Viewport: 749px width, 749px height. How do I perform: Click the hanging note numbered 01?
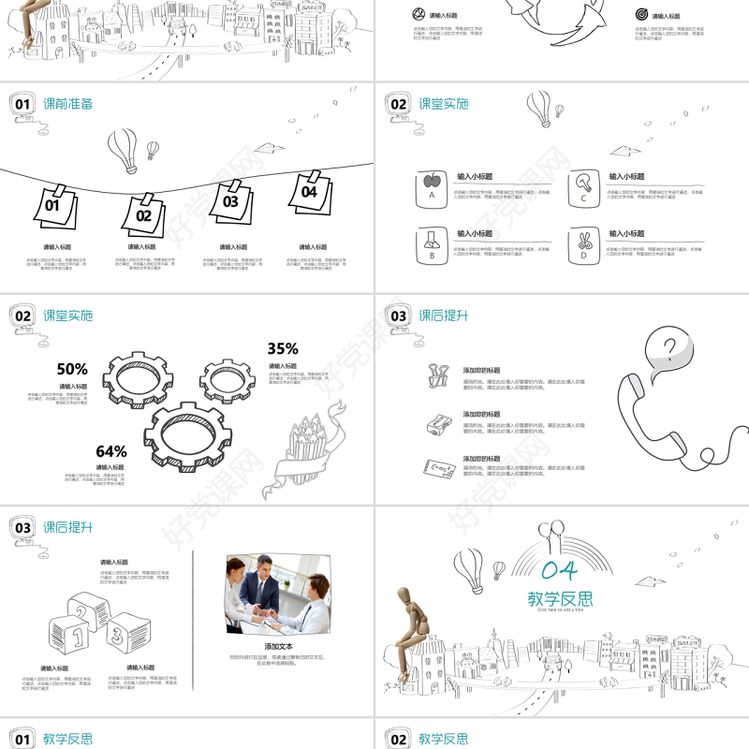(x=55, y=204)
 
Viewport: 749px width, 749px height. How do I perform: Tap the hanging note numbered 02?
(x=143, y=213)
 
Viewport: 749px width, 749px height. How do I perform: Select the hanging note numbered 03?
(x=229, y=199)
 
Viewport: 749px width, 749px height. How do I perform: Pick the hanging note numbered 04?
(x=310, y=191)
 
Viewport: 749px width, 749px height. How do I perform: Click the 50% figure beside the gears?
(x=72, y=369)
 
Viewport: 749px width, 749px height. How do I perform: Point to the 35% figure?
(x=283, y=349)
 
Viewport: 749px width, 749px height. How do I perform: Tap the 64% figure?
(x=110, y=451)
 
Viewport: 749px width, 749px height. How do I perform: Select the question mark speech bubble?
(x=668, y=348)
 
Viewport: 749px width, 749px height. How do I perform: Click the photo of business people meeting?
(x=278, y=593)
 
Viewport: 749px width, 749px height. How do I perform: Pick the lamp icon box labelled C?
(x=583, y=186)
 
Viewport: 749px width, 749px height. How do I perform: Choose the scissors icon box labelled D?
(x=583, y=244)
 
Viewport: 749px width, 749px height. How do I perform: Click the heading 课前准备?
(x=68, y=104)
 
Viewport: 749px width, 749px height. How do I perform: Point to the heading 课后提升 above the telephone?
(x=443, y=316)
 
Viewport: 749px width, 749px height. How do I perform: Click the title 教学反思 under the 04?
(x=560, y=599)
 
